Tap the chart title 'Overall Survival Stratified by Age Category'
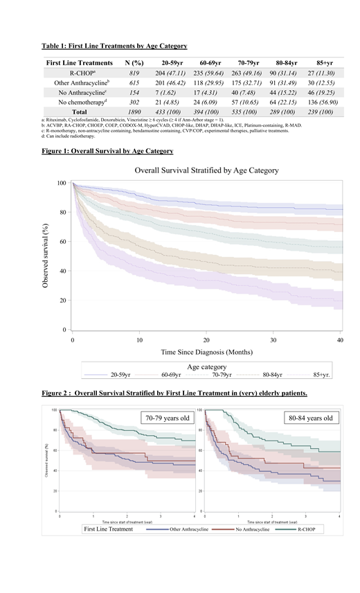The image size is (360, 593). pos(206,170)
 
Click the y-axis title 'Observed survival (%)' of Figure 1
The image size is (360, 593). pos(46,256)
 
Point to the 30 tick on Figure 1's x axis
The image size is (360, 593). pos(273,340)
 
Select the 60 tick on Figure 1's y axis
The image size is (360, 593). pos(63,242)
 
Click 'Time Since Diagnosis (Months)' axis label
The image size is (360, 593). pos(206,352)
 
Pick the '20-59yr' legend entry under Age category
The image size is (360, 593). pos(117,375)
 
